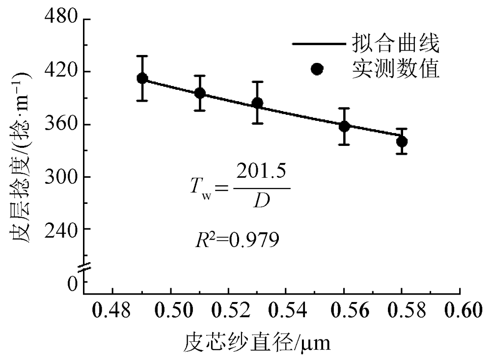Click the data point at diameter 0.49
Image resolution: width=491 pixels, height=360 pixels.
pos(142,78)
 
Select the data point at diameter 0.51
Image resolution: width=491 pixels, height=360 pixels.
pos(200,93)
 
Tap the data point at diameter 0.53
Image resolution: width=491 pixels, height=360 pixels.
pos(257,103)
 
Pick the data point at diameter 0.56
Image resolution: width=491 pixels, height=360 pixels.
pos(344,126)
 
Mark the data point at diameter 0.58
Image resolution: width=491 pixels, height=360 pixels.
pos(402,141)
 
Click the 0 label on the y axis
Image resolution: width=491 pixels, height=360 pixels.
pos(72,283)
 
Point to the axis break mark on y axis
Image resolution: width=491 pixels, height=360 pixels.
pos(84,267)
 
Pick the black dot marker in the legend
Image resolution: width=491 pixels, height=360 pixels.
pos(317,69)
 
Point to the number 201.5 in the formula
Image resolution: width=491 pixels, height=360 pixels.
pos(261,174)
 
